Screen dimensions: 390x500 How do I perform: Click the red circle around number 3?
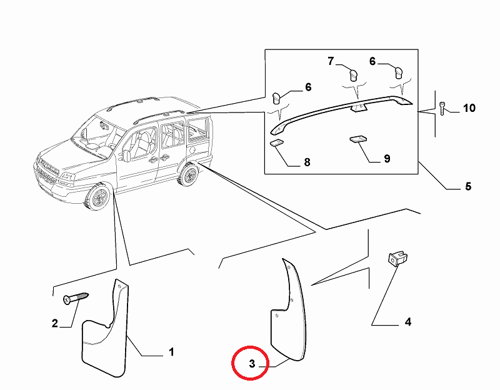click(x=250, y=364)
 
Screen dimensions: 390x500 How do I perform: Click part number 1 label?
click(x=171, y=353)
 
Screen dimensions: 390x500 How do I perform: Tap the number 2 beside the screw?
click(x=55, y=323)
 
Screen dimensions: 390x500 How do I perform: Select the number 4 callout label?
click(x=407, y=322)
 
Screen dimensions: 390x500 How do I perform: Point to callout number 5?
click(x=468, y=186)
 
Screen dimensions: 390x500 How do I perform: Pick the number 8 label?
click(x=307, y=162)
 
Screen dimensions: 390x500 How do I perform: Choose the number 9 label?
click(x=387, y=159)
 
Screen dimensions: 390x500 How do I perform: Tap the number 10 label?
click(x=469, y=108)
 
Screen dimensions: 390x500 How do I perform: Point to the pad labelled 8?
click(x=276, y=144)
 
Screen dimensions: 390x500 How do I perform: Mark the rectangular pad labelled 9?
click(x=358, y=139)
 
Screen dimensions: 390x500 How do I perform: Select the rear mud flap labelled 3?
click(x=288, y=312)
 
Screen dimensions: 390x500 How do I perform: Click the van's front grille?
click(x=47, y=171)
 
